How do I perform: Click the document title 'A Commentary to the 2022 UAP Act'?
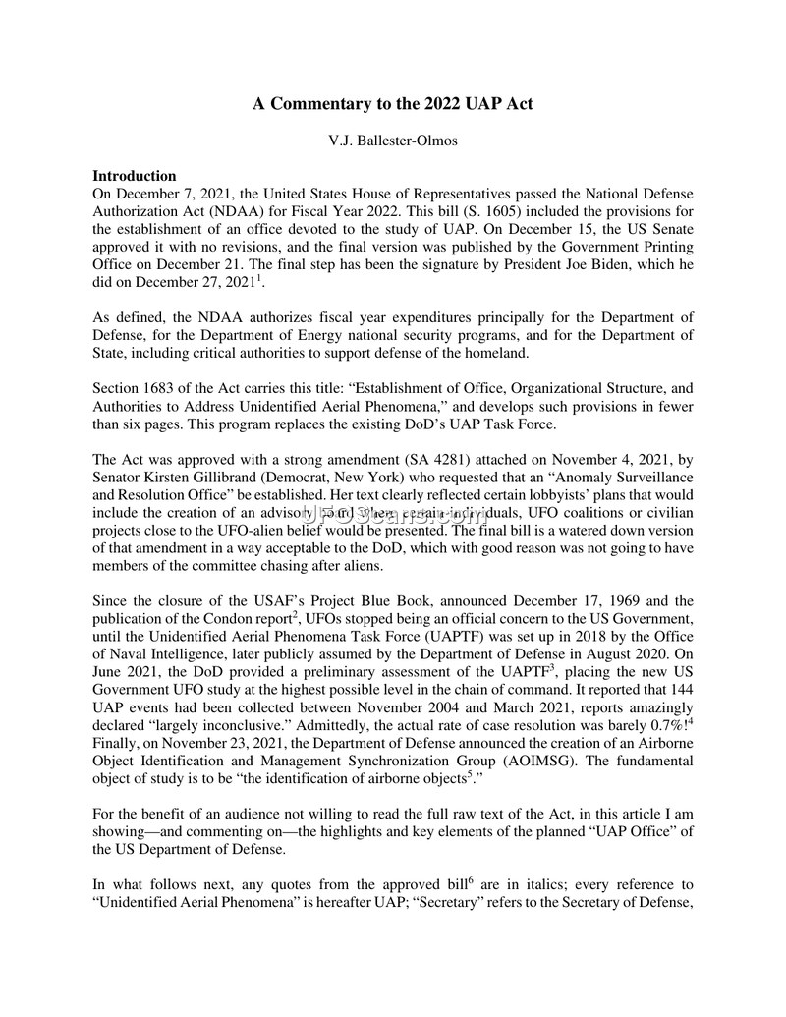pyautogui.click(x=393, y=103)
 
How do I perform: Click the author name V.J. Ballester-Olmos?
pyautogui.click(x=393, y=141)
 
